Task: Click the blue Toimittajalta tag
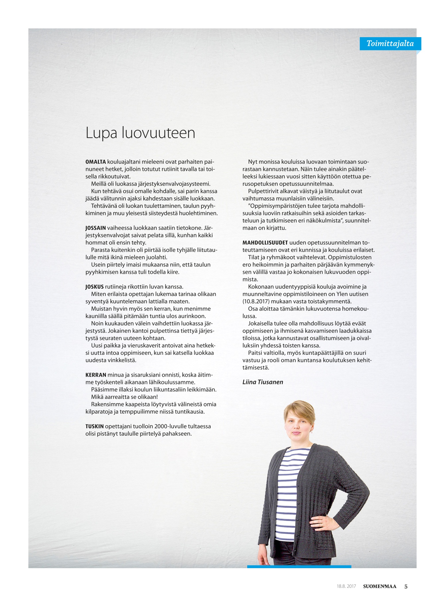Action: [390, 43]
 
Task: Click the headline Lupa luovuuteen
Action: [140, 133]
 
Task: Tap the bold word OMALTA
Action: [96, 162]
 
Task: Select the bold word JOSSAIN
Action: [96, 228]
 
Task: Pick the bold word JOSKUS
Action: [95, 287]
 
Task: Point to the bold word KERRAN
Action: [96, 375]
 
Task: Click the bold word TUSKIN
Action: [95, 426]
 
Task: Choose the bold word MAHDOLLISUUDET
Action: [265, 243]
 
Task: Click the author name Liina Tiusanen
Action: [262, 382]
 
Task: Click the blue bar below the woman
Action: [299, 567]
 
